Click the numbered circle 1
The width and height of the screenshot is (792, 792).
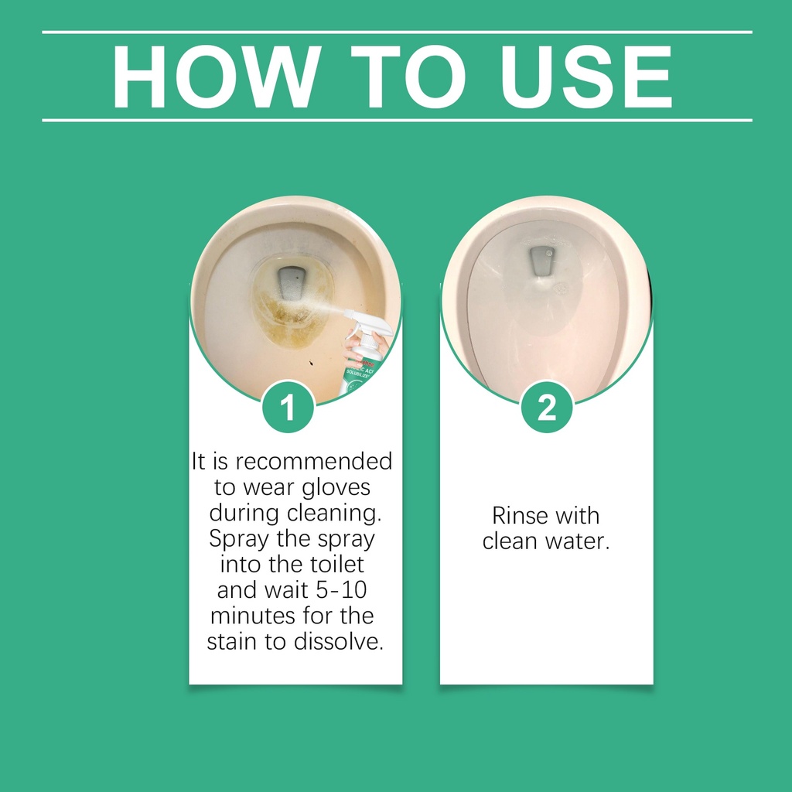pos(288,407)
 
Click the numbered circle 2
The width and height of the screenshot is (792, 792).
pos(547,407)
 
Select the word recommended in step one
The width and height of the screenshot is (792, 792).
pos(314,461)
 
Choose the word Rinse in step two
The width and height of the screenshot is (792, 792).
pos(520,516)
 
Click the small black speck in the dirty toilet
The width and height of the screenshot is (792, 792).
pos(310,362)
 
